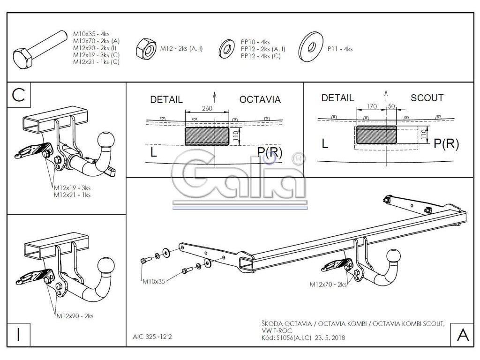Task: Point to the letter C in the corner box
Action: pos(18,96)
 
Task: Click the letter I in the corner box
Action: pos(17,334)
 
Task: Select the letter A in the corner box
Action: pos(462,335)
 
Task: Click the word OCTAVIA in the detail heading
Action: pos(260,99)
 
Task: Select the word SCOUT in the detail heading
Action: pos(427,98)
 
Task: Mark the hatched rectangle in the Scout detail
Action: pos(376,135)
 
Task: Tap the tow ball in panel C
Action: pos(105,139)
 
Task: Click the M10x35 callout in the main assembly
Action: pos(154,282)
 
